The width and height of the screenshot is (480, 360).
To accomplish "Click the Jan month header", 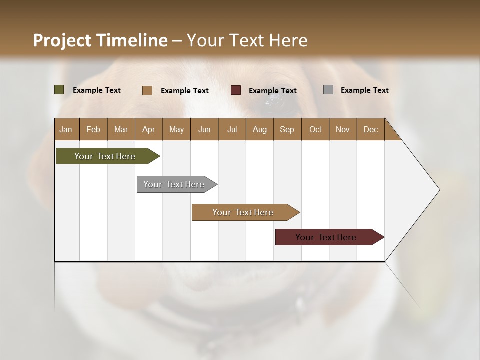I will [x=66, y=129].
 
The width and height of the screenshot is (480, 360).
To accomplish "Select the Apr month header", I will [x=149, y=129].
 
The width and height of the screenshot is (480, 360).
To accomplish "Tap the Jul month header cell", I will [x=232, y=129].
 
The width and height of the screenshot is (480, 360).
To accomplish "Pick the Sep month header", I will [x=287, y=129].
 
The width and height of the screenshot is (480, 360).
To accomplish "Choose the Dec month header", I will [x=370, y=129].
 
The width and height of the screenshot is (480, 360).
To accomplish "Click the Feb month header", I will [x=93, y=129].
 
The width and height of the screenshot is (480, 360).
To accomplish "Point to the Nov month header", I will [x=343, y=129].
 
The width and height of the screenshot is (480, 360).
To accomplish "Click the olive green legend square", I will [x=59, y=90].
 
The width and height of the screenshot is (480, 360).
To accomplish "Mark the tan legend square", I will [x=147, y=90].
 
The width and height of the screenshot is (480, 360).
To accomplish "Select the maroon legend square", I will [x=236, y=90].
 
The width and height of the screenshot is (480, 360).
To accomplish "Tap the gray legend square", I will [x=328, y=90].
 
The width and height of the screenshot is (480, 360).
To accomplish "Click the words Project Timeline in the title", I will [x=100, y=40].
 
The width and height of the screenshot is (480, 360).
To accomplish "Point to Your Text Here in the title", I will [x=247, y=40].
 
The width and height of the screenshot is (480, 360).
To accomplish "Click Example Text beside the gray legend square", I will [x=364, y=90].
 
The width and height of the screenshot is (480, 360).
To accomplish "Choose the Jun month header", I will [x=204, y=129].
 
